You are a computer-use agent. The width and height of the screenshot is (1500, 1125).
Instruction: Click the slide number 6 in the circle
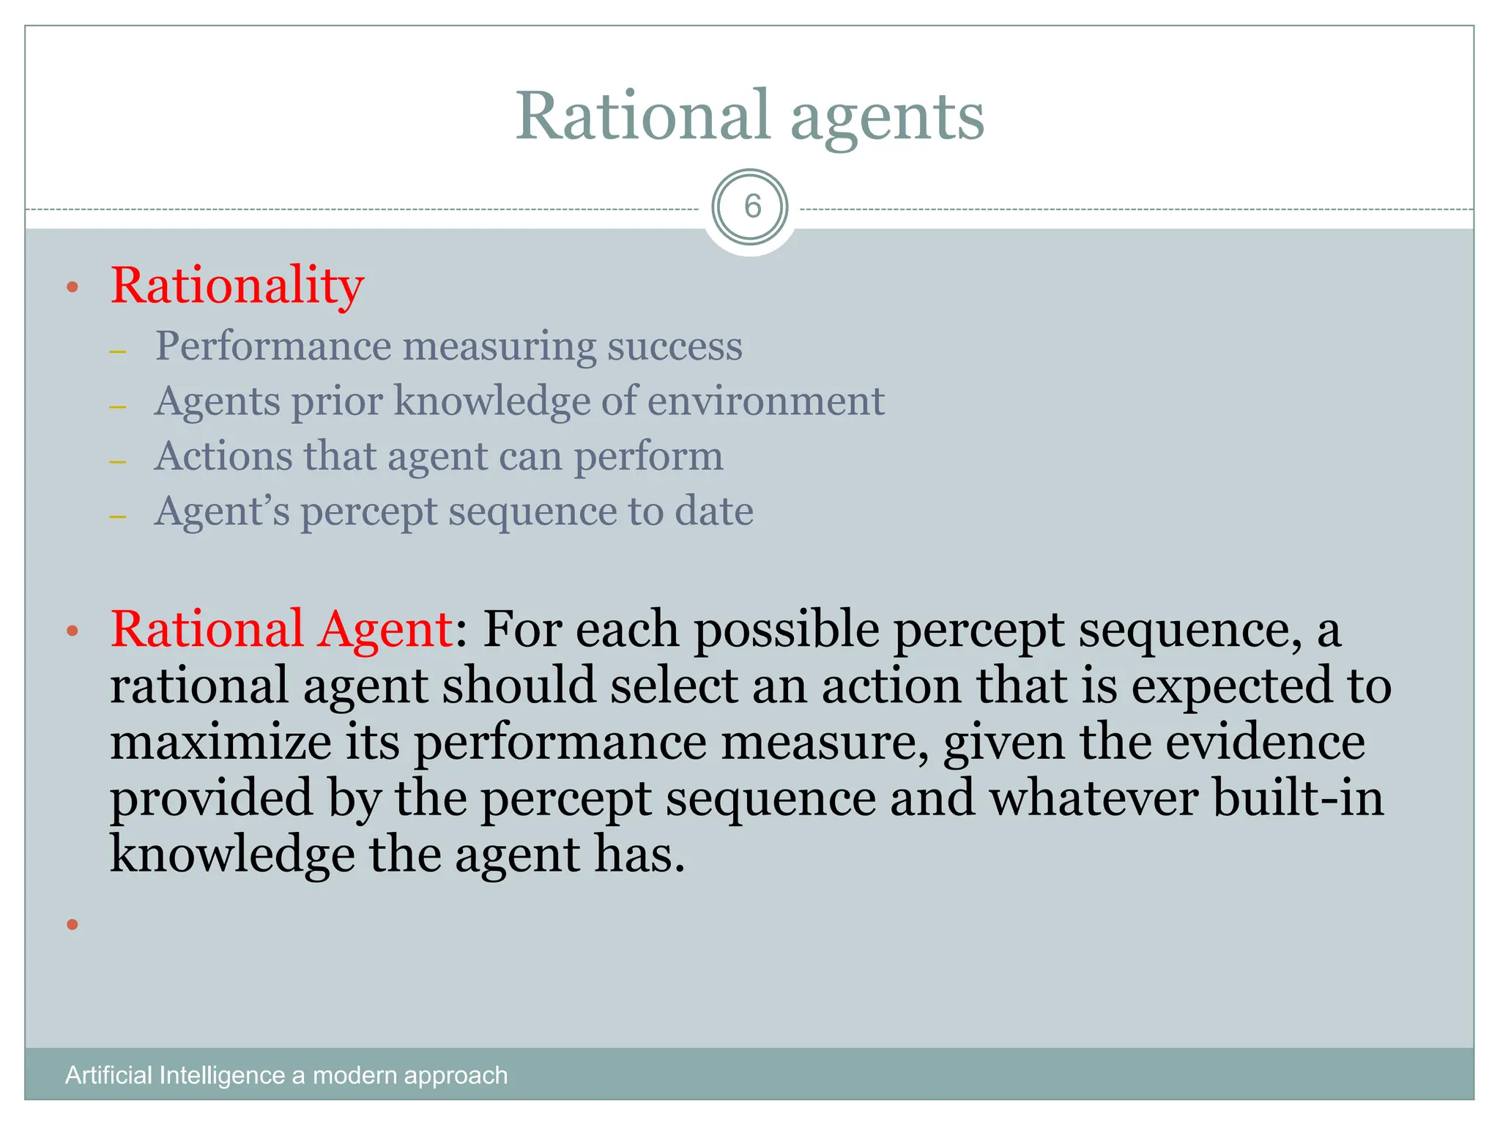click(x=751, y=207)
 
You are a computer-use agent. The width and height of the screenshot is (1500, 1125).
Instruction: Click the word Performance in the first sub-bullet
click(x=273, y=346)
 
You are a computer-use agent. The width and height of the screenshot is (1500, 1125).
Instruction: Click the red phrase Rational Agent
click(x=281, y=629)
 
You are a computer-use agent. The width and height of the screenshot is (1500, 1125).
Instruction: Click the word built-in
click(x=1297, y=798)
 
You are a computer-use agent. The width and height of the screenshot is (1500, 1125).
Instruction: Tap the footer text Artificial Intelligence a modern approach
click(x=286, y=1075)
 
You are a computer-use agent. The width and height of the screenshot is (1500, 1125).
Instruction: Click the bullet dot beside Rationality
click(x=72, y=287)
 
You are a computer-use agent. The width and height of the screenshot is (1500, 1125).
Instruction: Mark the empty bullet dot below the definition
click(x=72, y=924)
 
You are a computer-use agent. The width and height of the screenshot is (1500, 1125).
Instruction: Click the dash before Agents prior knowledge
click(x=118, y=406)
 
